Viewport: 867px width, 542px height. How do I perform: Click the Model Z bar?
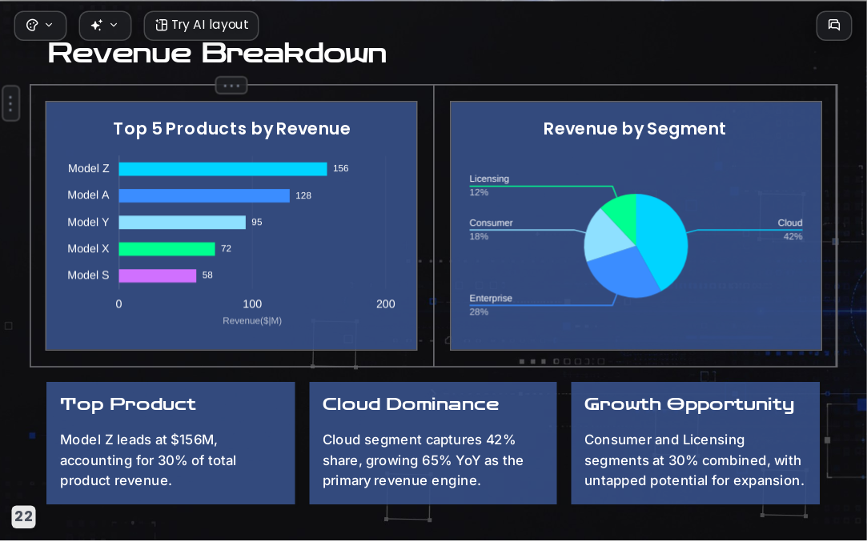pyautogui.click(x=223, y=169)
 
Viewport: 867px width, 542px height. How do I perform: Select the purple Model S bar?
pyautogui.click(x=158, y=275)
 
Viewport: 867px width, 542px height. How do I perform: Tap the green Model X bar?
pyautogui.click(x=167, y=249)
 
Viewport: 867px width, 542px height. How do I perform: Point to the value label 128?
pyautogui.click(x=303, y=195)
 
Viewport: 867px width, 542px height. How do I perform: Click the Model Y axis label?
pyautogui.click(x=89, y=222)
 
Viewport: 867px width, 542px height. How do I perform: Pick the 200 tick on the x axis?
pyautogui.click(x=385, y=303)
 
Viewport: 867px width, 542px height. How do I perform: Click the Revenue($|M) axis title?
pyautogui.click(x=252, y=321)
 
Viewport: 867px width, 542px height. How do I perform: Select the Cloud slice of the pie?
pyautogui.click(x=662, y=238)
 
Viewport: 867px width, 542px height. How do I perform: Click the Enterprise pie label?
pyautogui.click(x=491, y=298)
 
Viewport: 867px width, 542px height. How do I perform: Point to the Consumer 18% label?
pyautogui.click(x=491, y=230)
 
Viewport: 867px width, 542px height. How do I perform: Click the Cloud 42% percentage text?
pyautogui.click(x=793, y=237)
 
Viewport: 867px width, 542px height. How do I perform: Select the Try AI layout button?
pyautogui.click(x=201, y=26)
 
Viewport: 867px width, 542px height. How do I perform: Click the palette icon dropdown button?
pyautogui.click(x=40, y=26)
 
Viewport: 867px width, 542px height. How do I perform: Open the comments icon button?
pyautogui.click(x=834, y=26)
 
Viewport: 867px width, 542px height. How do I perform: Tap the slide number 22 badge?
pyautogui.click(x=23, y=517)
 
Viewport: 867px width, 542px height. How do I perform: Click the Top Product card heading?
pyautogui.click(x=128, y=404)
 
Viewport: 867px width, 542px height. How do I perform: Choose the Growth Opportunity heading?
pyautogui.click(x=689, y=405)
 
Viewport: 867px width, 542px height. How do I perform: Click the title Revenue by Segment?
pyautogui.click(x=634, y=129)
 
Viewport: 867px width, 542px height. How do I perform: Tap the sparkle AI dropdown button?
pyautogui.click(x=105, y=26)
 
